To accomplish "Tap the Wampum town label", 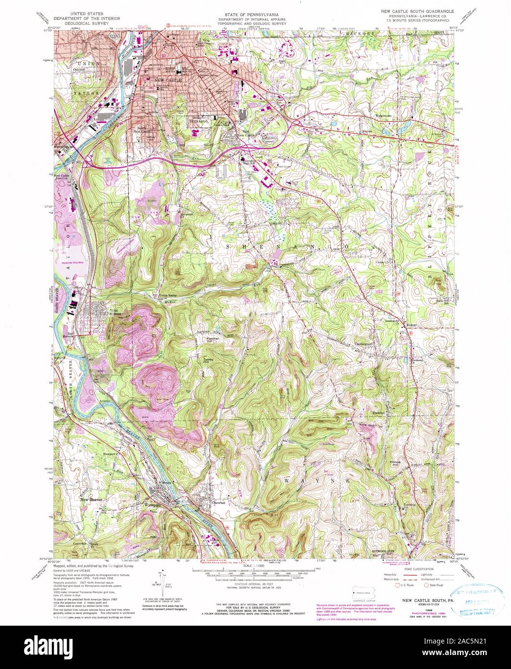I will coord(152,505).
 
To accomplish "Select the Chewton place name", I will coord(218,502).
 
